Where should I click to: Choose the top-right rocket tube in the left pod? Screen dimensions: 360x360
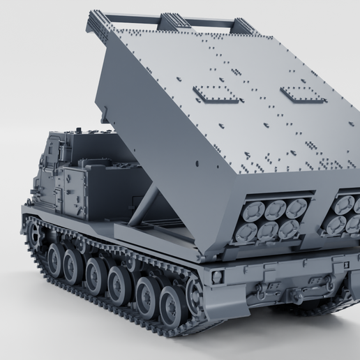pyautogui.click(x=297, y=206)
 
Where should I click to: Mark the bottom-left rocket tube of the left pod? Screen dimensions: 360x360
pyautogui.click(x=246, y=232)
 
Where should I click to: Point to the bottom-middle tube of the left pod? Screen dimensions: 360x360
pyautogui.click(x=268, y=230)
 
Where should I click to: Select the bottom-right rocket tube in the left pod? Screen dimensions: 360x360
pyautogui.click(x=289, y=229)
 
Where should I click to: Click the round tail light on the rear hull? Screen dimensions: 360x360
pyautogui.click(x=217, y=277)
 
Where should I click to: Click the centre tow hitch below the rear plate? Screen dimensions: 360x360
pyautogui.click(x=297, y=297)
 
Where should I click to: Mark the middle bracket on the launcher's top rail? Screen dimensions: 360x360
pyautogui.click(x=167, y=24)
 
